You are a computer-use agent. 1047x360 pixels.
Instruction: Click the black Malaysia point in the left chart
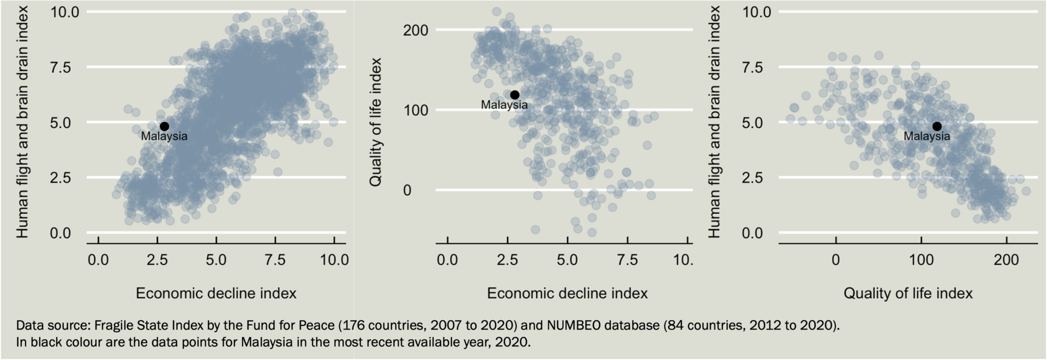[x=164, y=126]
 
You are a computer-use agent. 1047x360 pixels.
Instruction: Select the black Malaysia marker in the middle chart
[x=514, y=95]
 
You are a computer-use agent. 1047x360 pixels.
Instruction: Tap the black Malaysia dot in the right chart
[x=937, y=126]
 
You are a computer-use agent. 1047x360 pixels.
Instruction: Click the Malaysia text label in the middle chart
[x=504, y=105]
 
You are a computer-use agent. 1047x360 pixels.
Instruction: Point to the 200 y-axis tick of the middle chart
[x=416, y=30]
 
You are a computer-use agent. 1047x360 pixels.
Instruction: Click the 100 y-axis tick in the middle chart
[x=416, y=110]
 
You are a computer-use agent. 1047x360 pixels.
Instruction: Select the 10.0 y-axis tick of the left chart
[x=64, y=11]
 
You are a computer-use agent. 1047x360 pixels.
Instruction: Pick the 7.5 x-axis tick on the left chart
[x=275, y=260]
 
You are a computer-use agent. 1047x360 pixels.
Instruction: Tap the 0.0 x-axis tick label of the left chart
[x=98, y=260]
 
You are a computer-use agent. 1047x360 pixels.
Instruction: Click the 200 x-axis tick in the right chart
[x=1006, y=260]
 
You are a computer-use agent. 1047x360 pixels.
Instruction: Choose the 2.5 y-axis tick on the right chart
[x=757, y=178]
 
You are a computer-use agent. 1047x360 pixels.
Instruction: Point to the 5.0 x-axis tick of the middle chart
[x=567, y=260]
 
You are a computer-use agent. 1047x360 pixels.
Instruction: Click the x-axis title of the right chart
[x=908, y=293]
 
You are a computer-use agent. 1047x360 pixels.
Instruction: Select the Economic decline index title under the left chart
[x=216, y=293]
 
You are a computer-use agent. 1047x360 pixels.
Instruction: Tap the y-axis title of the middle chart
[x=375, y=122]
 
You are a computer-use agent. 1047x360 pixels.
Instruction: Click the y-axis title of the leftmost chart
[x=22, y=122]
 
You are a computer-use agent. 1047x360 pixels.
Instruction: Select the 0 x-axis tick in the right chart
[x=835, y=260]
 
